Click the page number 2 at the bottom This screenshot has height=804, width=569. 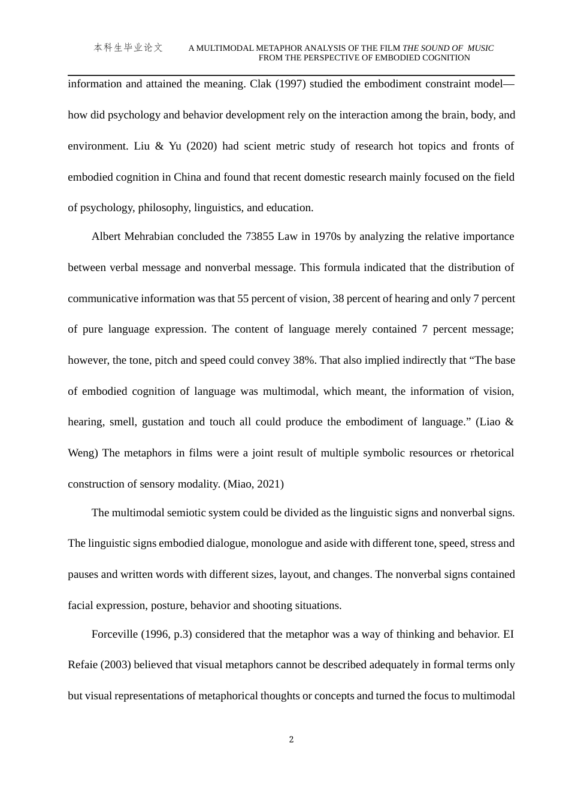(x=291, y=739)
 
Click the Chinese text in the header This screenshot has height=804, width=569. (x=128, y=48)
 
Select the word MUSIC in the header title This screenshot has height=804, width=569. (x=480, y=48)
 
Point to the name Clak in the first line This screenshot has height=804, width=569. (x=261, y=84)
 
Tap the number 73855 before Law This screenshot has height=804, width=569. (x=259, y=236)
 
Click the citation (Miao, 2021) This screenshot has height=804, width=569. (x=253, y=484)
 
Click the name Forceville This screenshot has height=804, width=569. (x=115, y=634)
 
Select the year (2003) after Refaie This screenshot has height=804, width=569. (x=116, y=665)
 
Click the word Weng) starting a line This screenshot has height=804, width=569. (x=83, y=453)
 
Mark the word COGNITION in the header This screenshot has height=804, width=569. (x=445, y=58)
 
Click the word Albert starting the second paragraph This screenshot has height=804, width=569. (x=107, y=236)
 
